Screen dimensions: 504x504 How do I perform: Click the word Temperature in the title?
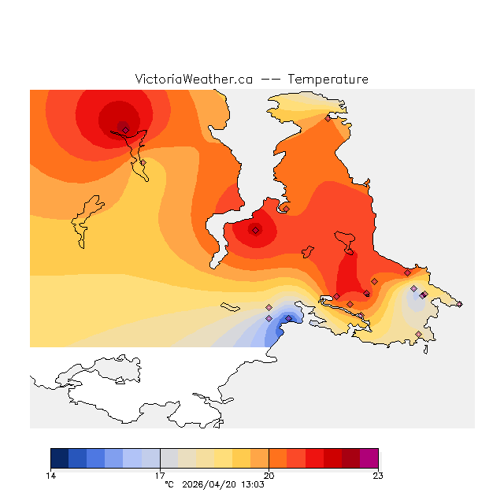pos(328,80)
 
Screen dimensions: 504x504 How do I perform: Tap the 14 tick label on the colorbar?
pos(50,476)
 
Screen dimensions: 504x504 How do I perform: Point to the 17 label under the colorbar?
pos(160,476)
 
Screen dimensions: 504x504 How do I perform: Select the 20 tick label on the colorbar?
pos(269,476)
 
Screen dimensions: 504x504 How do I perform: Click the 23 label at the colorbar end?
pos(378,476)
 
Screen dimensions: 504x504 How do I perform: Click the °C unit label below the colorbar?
pos(169,485)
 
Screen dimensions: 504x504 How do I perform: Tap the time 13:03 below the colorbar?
pos(251,485)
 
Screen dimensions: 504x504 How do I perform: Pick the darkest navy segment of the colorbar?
pos(59,458)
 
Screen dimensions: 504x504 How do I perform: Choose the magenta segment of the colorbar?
pos(369,458)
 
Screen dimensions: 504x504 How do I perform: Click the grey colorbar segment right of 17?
pos(169,458)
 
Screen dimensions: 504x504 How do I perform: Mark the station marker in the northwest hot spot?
pos(125,130)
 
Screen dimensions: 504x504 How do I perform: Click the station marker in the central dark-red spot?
pos(256,230)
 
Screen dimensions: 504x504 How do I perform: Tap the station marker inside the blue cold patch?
pos(288,318)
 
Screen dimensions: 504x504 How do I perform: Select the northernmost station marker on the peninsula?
pos(328,119)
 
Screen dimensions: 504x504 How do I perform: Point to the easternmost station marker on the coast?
pos(459,304)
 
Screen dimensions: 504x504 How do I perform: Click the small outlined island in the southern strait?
pos(231,306)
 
